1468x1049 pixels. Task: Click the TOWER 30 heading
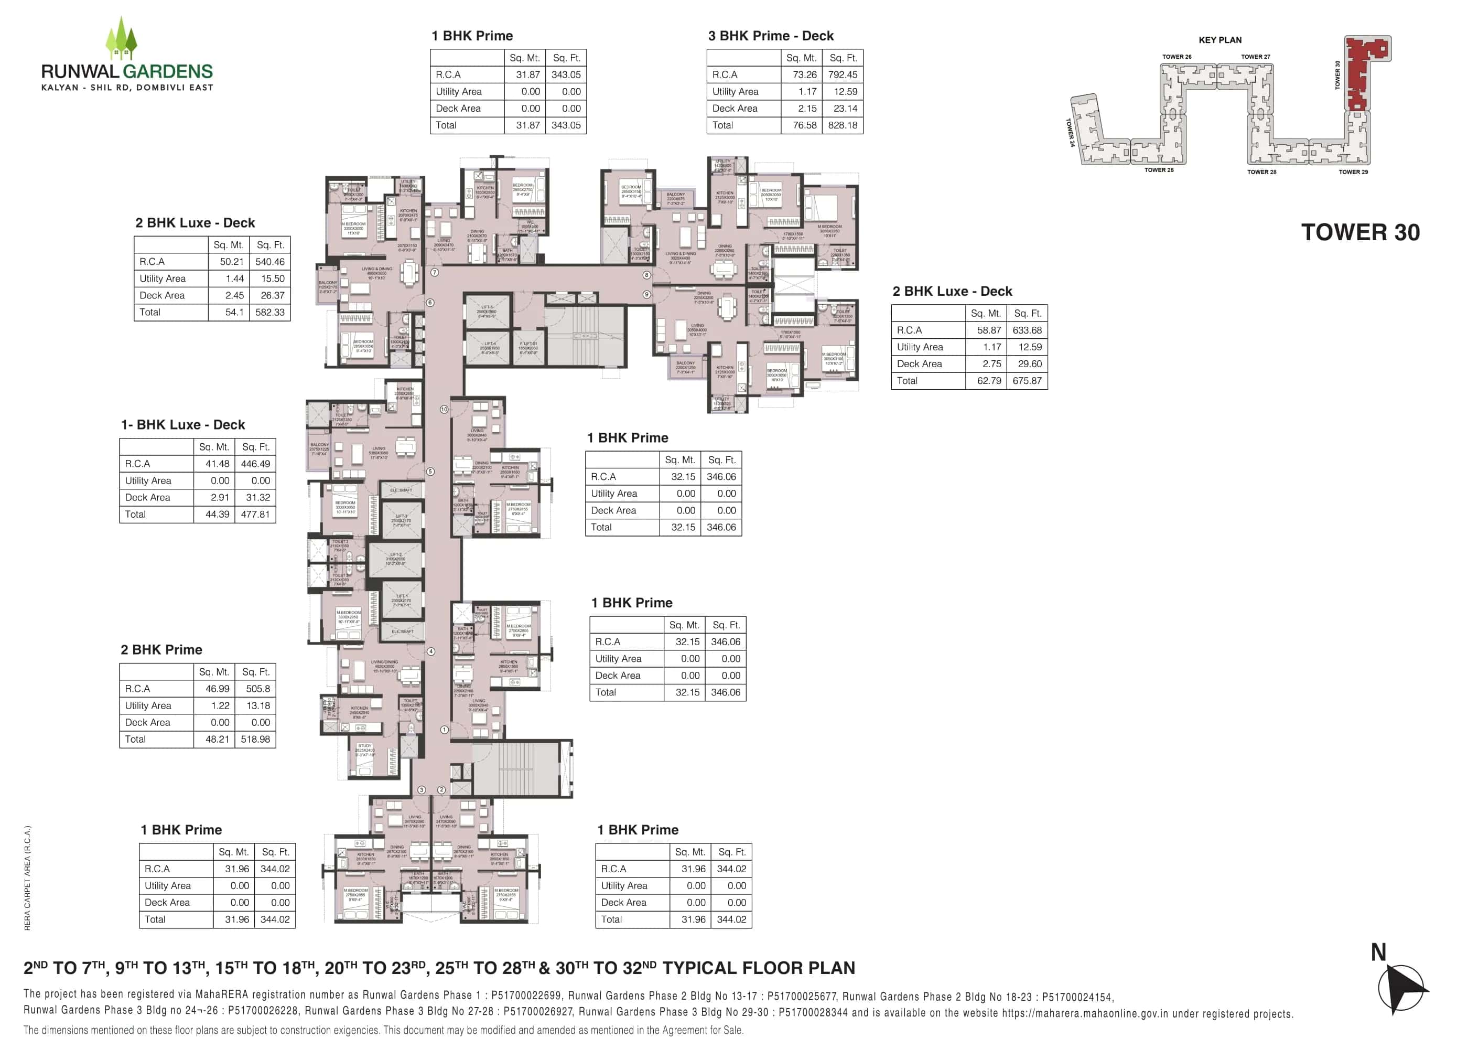[x=1359, y=232]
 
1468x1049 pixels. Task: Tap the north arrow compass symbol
[x=1401, y=988]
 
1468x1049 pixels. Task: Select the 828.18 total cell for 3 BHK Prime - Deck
[x=843, y=125]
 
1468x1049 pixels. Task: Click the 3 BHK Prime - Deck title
[x=770, y=36]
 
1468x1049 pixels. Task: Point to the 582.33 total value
[x=270, y=313]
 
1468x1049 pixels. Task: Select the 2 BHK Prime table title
[x=161, y=650]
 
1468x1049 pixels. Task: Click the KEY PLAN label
[x=1219, y=40]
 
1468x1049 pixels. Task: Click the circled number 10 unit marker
[x=444, y=410]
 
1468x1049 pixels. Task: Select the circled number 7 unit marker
[x=435, y=273]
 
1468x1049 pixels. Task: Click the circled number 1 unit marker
[x=444, y=730]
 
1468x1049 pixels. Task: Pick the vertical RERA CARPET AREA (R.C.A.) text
[x=27, y=878]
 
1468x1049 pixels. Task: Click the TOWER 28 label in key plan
[x=1261, y=173]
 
